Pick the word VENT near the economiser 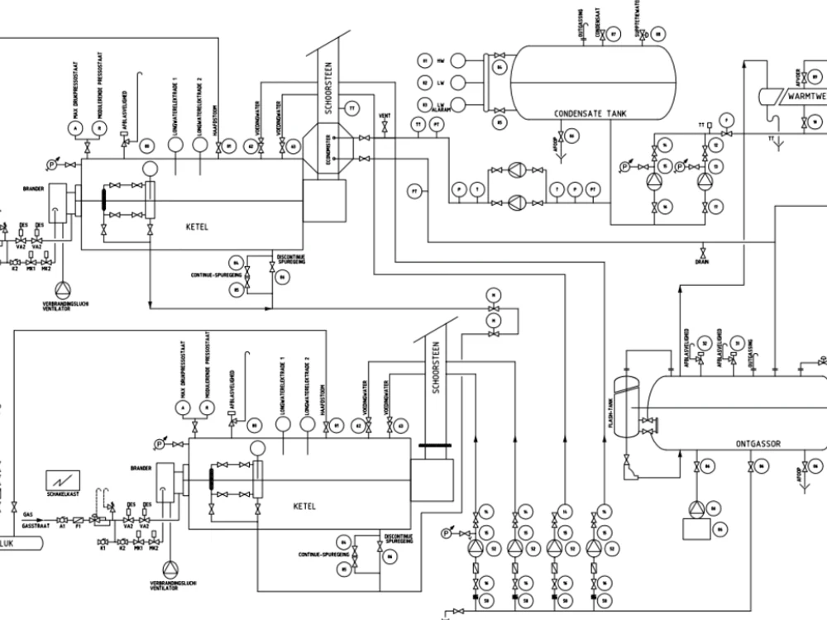click(x=384, y=115)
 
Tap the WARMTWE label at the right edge click(x=806, y=97)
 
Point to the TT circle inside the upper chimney click(x=352, y=108)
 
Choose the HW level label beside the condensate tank click(x=441, y=61)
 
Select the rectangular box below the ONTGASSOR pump click(x=696, y=529)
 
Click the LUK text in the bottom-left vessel click(x=8, y=544)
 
